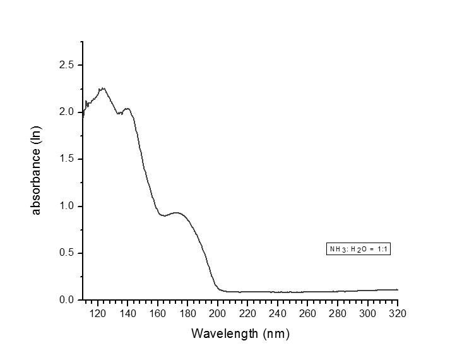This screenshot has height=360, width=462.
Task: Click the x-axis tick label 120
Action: tap(97, 313)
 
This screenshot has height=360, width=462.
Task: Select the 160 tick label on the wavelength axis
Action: tap(157, 313)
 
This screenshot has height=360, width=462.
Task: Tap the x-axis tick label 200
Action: tap(218, 313)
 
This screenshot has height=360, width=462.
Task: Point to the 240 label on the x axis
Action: tap(278, 313)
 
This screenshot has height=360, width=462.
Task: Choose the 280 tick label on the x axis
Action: tap(338, 313)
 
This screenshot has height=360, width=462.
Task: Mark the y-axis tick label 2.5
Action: tap(66, 65)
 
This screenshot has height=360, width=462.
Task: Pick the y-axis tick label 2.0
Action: tap(66, 112)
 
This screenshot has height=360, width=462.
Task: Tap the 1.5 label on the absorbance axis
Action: tap(66, 159)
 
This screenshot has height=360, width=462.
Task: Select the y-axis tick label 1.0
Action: tap(66, 206)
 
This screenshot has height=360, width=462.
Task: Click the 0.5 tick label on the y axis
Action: tap(66, 253)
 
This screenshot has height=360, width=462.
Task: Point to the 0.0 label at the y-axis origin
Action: tap(66, 300)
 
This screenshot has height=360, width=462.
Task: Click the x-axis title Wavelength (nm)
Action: tap(240, 333)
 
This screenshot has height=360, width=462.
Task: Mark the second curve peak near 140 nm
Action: tap(127, 109)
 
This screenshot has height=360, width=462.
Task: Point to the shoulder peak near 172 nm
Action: tap(175, 213)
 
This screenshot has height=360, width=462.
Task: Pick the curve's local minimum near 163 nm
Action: tap(164, 216)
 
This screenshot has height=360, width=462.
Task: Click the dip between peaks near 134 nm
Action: tap(119, 114)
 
